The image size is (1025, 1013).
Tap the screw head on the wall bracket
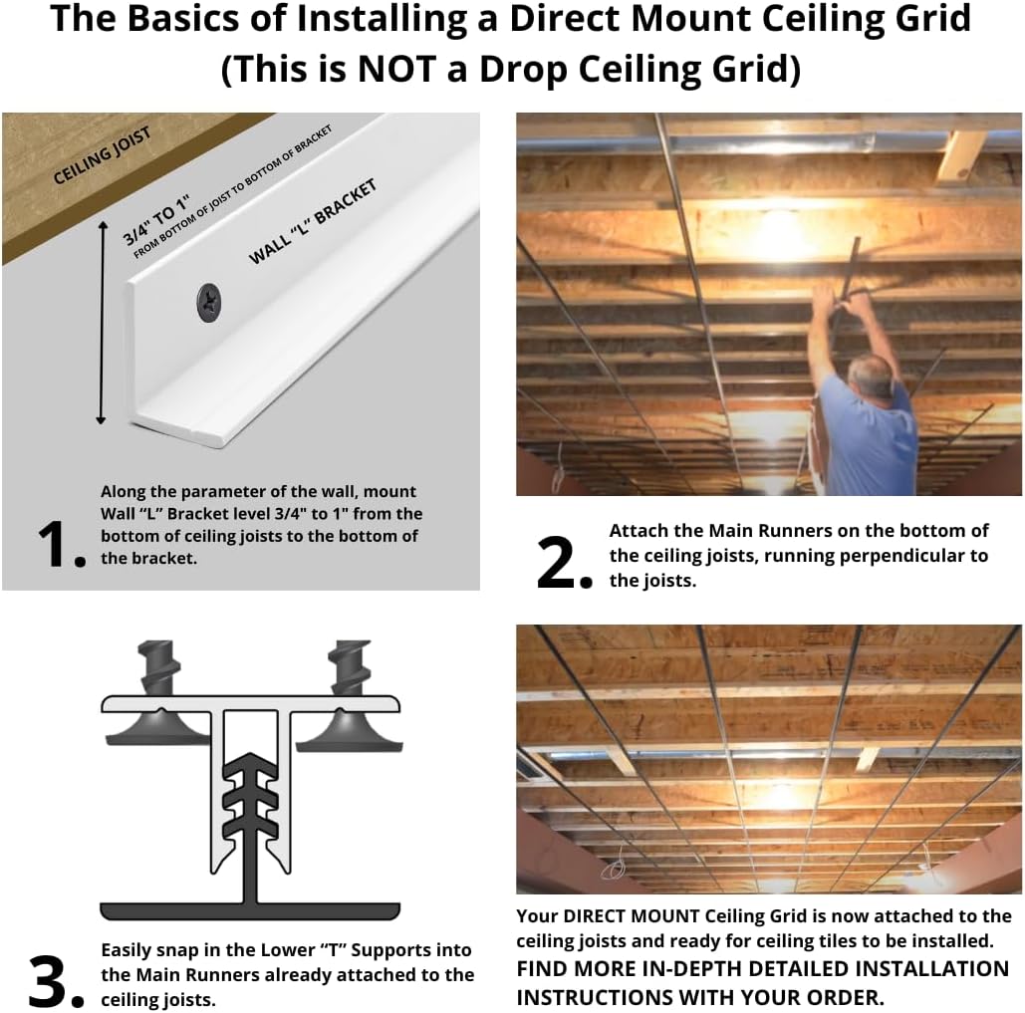210,302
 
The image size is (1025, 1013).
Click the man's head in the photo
869,378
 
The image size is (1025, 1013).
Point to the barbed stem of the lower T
250,807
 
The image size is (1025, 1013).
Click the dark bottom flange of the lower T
250,910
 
